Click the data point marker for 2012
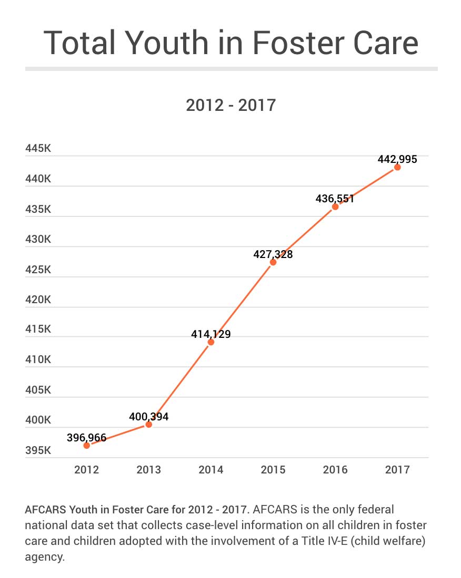87,445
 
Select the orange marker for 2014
211,342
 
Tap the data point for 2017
397,167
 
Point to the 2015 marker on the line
273,262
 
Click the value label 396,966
86,437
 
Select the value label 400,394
148,417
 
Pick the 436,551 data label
335,199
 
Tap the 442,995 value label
397,159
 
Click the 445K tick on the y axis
38,149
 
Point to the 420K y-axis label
38,300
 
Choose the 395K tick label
38,450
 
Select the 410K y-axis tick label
38,360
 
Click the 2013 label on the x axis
149,470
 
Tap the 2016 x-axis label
335,470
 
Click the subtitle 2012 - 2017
230,105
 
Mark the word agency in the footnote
44,557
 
